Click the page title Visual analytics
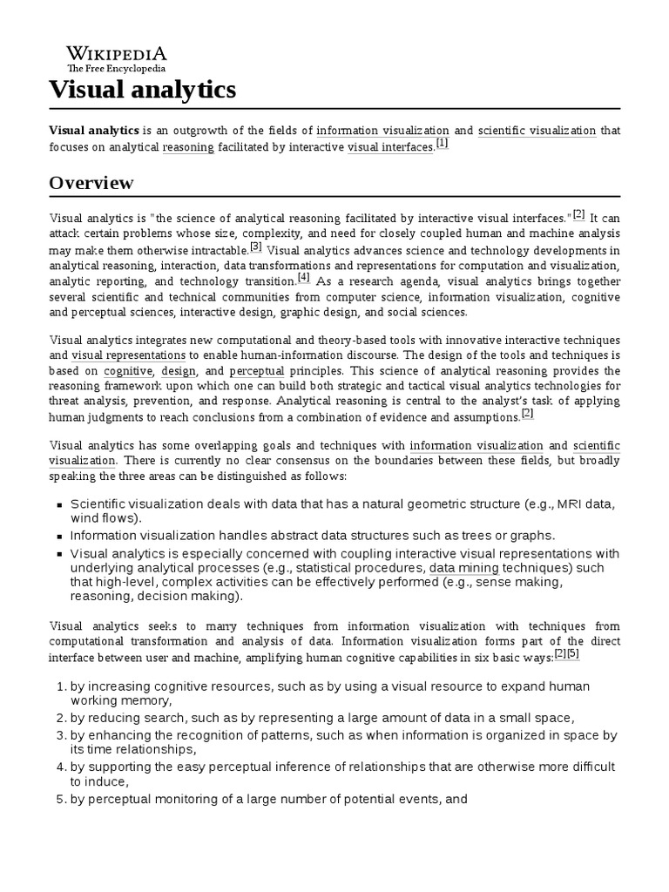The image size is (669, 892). click(142, 89)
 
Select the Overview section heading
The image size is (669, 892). click(91, 183)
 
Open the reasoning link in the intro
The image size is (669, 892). click(188, 147)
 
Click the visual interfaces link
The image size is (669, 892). click(390, 147)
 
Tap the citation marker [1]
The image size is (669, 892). click(442, 144)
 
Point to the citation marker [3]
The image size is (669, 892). click(256, 247)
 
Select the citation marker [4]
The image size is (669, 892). click(303, 278)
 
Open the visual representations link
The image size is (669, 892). click(128, 355)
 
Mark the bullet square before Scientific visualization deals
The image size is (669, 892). click(58, 504)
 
